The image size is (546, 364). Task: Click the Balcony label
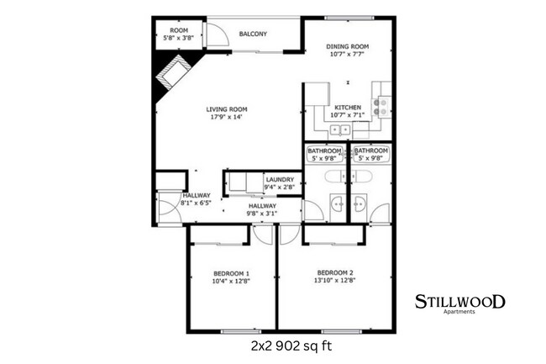click(253, 34)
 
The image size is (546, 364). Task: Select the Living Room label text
click(227, 108)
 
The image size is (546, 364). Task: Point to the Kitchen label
click(348, 108)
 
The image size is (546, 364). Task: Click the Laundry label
click(279, 179)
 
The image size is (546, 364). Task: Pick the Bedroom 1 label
click(231, 274)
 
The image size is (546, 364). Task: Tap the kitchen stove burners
click(380, 105)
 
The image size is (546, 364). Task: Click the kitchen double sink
click(340, 129)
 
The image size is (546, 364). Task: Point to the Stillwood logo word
click(460, 301)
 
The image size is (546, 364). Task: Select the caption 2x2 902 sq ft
click(286, 346)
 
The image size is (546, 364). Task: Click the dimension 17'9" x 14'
click(227, 117)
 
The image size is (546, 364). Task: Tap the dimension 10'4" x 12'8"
click(231, 282)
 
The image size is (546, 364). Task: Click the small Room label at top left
click(178, 30)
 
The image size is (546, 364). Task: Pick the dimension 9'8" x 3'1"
click(262, 214)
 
